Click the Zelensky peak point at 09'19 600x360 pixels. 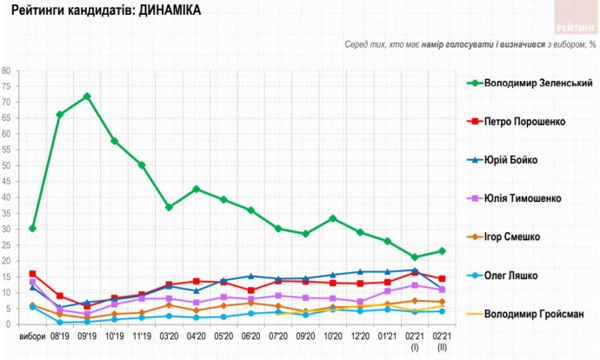tap(87, 97)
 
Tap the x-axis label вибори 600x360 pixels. tap(32, 336)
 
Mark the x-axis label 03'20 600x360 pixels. tap(169, 336)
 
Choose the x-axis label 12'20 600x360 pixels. tap(360, 336)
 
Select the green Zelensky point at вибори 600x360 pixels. tap(32, 229)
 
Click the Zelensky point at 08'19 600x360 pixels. tap(59, 115)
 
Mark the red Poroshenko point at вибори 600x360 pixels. tap(32, 274)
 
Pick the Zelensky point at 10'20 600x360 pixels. tap(333, 218)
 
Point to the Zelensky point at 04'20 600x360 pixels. tap(197, 189)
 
